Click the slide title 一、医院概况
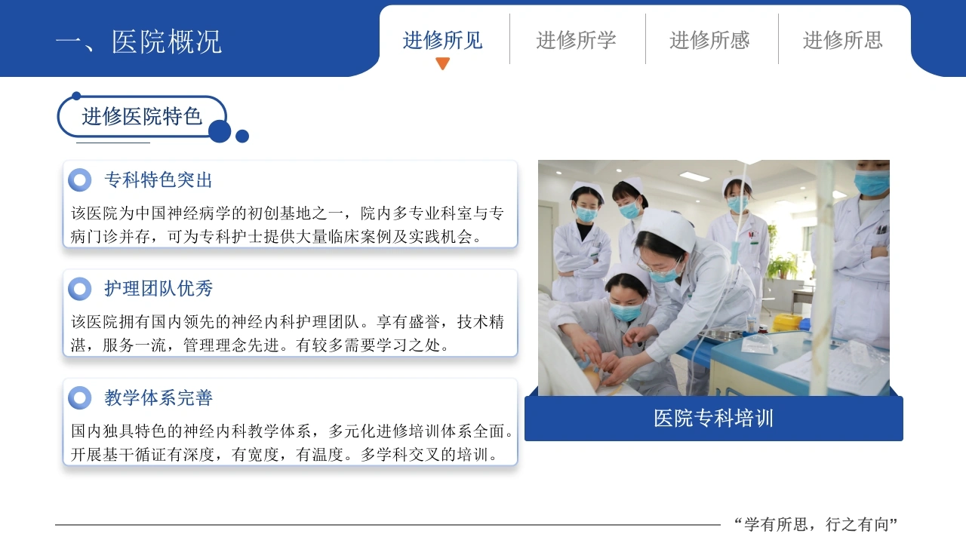(x=139, y=41)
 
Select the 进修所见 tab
(x=442, y=40)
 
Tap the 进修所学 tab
(x=576, y=40)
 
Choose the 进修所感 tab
(x=709, y=40)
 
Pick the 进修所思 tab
(x=843, y=40)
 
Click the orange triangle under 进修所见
(x=442, y=63)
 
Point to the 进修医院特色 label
(x=142, y=116)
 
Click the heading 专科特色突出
(x=158, y=179)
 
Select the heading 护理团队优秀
(x=158, y=288)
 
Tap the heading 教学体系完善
(x=158, y=397)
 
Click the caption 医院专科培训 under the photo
(x=714, y=418)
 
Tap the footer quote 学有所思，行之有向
(x=817, y=524)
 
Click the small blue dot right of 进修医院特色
(x=242, y=137)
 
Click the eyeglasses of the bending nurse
(x=660, y=269)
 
